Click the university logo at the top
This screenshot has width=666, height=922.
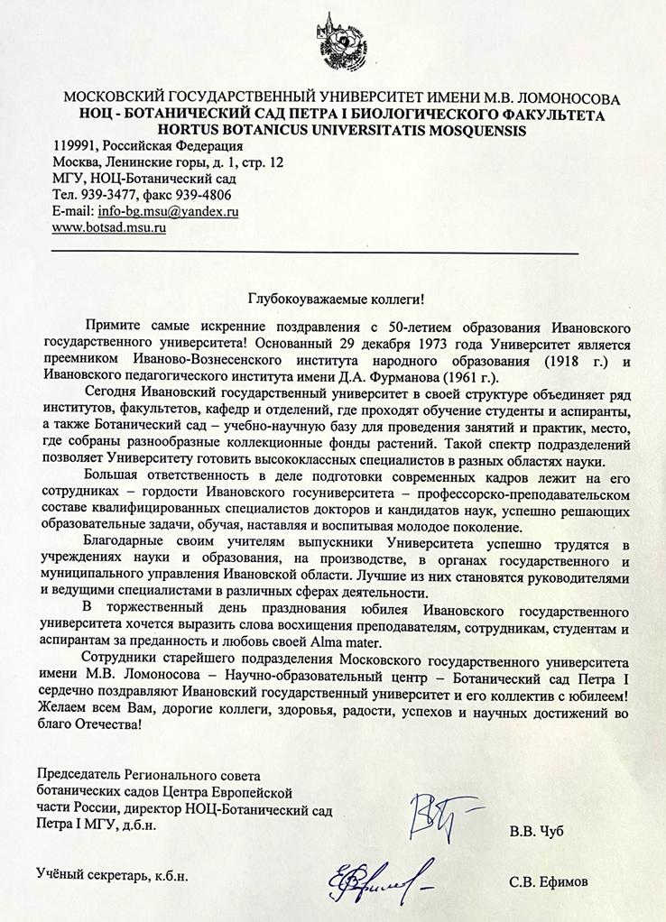pos(332,39)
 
